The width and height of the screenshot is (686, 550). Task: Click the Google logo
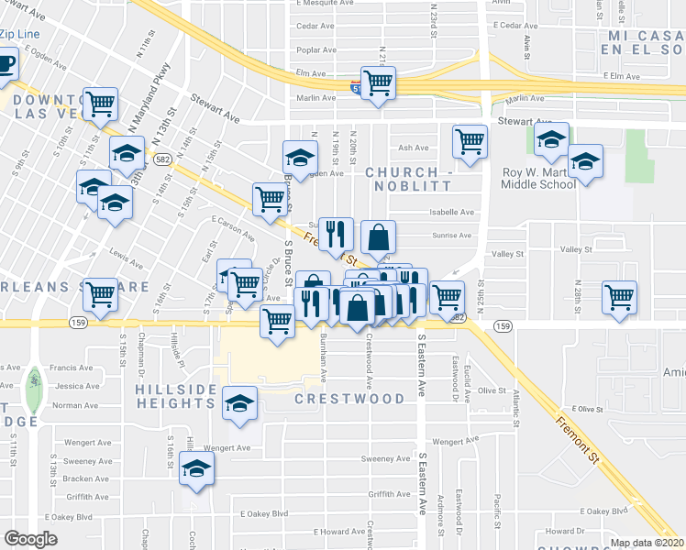point(30,539)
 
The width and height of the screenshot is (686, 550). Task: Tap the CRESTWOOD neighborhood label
point(349,399)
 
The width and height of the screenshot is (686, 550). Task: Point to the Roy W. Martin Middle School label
point(538,178)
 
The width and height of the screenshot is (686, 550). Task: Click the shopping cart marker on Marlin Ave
point(378,84)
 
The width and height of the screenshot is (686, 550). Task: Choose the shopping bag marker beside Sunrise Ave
point(378,240)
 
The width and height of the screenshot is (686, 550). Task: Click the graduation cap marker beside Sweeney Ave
point(195,469)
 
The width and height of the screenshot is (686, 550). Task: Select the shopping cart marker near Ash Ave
point(470,143)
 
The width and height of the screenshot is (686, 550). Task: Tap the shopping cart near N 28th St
point(620,298)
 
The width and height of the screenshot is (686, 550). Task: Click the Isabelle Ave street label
point(452,212)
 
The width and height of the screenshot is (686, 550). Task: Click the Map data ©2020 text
point(647,543)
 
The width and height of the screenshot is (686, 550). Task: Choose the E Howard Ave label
point(317,532)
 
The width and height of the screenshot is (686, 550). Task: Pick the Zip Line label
point(19,34)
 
